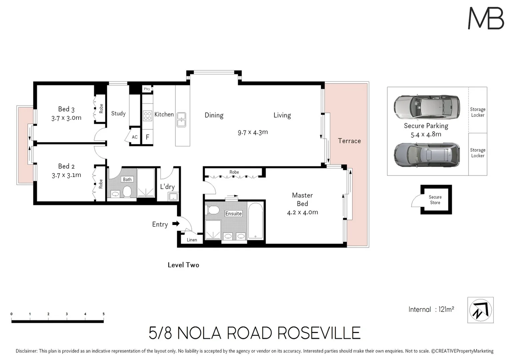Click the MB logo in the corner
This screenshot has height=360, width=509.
point(486,18)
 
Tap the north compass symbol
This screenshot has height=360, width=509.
point(480,310)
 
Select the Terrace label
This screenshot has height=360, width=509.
point(349,141)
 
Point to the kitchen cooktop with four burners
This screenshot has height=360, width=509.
point(147,116)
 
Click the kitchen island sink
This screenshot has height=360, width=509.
point(181,119)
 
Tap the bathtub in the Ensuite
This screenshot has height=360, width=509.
point(255,221)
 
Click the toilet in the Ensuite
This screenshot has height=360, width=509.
point(213,210)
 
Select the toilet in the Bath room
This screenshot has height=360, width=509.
point(127,191)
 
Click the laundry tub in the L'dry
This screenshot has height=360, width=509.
point(173,197)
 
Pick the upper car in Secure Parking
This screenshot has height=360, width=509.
point(427,107)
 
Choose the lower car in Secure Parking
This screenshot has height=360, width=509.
point(427,155)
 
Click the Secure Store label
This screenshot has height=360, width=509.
point(435,200)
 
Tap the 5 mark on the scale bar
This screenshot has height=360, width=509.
point(103,314)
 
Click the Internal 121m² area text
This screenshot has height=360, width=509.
point(431,309)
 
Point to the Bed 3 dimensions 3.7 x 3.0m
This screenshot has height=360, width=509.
point(66,118)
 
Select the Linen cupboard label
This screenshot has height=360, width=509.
point(192,240)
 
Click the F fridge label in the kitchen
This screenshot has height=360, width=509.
point(147,137)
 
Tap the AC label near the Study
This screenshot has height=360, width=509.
point(135,137)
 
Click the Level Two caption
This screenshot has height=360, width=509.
point(183,265)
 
